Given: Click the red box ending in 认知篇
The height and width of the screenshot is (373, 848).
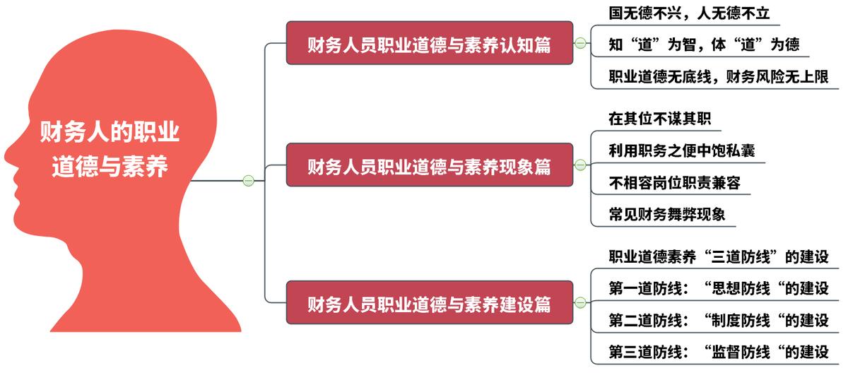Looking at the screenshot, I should [x=429, y=43].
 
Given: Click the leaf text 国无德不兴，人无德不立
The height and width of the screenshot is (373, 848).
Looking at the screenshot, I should [x=688, y=13].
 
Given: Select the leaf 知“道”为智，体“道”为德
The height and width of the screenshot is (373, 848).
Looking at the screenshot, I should [x=704, y=45].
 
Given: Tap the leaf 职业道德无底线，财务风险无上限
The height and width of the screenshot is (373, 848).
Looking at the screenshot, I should [x=718, y=76].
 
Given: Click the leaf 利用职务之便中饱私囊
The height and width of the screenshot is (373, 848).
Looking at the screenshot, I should [x=676, y=150].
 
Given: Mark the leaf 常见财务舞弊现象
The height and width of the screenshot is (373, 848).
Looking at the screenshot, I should [x=667, y=214].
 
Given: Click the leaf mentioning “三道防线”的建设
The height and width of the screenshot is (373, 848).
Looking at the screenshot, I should [x=718, y=256].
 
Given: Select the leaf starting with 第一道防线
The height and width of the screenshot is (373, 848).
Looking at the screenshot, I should [x=718, y=288].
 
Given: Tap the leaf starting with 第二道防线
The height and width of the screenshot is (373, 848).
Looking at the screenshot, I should [x=718, y=320].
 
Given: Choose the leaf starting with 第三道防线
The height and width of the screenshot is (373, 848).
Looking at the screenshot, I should [x=718, y=352].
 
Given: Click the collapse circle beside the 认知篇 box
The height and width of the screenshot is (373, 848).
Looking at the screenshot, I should [x=581, y=43].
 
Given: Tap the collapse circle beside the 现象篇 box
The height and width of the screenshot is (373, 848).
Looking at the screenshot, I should [x=581, y=165].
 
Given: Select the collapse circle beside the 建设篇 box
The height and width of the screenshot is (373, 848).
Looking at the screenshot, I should [x=581, y=303].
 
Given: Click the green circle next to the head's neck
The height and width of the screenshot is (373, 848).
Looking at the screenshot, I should [x=248, y=181].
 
